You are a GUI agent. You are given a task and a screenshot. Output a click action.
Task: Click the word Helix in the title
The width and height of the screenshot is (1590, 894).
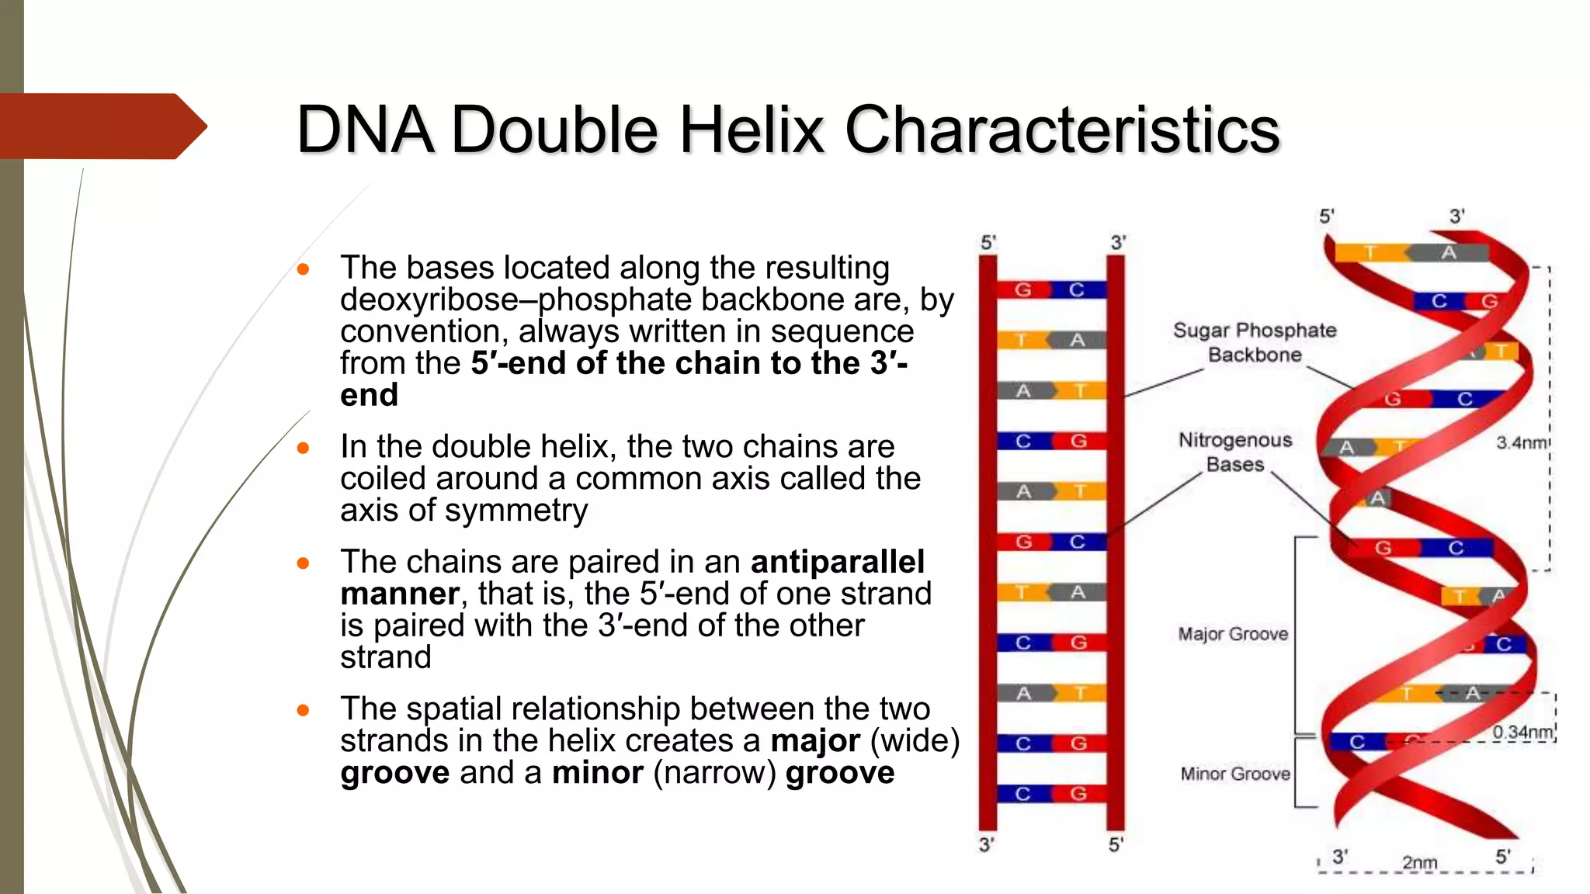coord(750,130)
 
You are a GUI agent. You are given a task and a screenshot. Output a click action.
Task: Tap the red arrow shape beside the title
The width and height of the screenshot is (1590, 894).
coord(101,126)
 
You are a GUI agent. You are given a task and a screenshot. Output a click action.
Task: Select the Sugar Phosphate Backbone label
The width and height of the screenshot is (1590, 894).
coord(1255,342)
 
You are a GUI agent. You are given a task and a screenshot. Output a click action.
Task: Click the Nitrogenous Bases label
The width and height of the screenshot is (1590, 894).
coord(1235,452)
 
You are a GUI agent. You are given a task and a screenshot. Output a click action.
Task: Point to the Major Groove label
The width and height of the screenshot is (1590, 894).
coord(1233,634)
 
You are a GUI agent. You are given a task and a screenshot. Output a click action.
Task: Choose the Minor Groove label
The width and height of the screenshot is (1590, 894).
coord(1235,774)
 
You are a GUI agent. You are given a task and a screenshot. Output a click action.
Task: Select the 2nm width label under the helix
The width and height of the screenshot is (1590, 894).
coord(1419,862)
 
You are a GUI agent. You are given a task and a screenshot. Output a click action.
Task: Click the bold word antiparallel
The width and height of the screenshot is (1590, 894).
coord(838,562)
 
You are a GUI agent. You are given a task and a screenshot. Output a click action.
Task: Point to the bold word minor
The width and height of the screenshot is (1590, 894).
coord(598,773)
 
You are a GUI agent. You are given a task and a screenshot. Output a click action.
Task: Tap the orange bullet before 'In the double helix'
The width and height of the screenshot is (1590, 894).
coord(304,448)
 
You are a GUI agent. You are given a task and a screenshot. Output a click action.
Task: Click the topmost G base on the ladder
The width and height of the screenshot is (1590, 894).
coord(1023,290)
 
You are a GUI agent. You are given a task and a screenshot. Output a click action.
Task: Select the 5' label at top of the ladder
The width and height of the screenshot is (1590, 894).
coord(988,243)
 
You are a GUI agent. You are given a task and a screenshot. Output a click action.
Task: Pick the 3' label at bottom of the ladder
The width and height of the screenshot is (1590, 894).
coord(986,844)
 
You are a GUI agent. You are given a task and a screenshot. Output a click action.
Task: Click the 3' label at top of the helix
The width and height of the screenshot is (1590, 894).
coord(1457,217)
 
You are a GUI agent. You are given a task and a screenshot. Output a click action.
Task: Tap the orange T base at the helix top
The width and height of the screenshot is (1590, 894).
coord(1370,253)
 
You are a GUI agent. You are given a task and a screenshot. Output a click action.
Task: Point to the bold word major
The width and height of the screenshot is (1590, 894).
coord(814,741)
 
